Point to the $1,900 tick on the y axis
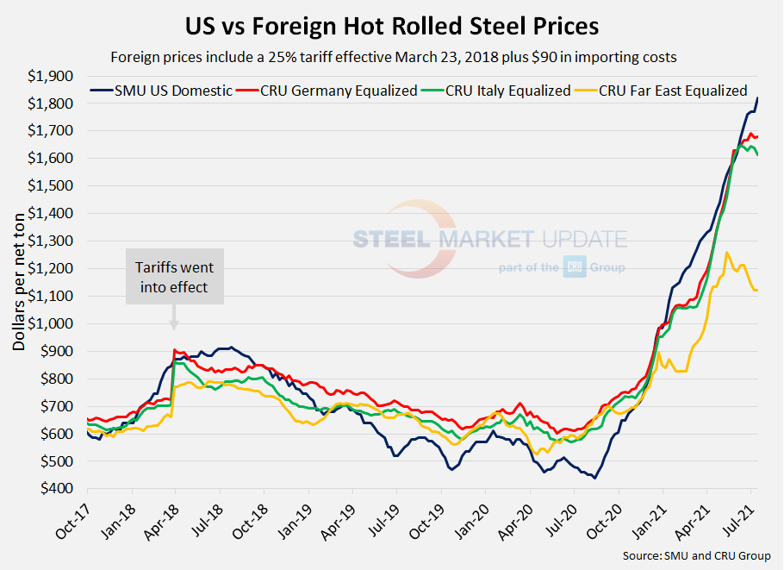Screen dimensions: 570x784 click(52, 76)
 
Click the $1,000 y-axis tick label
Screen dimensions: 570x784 click(52, 323)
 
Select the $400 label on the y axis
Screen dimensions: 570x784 click(59, 489)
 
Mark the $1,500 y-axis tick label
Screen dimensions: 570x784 click(52, 185)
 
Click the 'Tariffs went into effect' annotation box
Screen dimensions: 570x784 click(174, 277)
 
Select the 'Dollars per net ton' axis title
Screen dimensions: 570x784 click(18, 276)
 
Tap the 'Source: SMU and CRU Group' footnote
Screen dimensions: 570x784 click(696, 556)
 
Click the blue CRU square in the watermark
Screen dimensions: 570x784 click(575, 267)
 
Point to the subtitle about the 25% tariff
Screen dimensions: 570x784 click(392, 58)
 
